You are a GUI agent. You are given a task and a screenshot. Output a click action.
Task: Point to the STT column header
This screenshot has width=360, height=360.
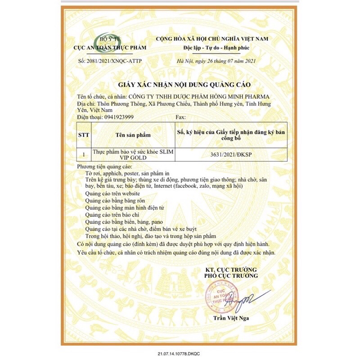(84, 134)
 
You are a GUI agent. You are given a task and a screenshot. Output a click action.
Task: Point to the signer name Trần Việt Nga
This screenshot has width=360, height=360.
(231, 319)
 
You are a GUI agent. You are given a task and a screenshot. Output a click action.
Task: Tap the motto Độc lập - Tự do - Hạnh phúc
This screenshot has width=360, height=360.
(212, 47)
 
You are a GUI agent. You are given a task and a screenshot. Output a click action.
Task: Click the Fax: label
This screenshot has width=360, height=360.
(180, 117)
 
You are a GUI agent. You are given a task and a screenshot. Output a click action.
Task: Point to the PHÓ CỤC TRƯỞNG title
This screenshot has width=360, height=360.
(231, 275)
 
